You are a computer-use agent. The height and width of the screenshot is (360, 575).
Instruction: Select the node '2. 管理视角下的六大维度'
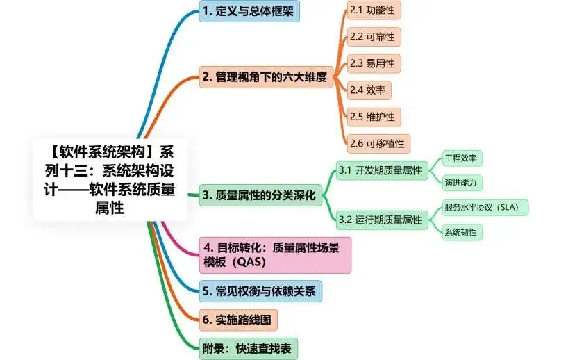coord(263,77)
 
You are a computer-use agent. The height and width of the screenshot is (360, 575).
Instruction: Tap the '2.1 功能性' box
coord(374,10)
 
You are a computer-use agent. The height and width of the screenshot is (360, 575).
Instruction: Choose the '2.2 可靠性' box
coord(374,37)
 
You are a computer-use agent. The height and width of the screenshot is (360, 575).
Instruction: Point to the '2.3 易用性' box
coord(374,63)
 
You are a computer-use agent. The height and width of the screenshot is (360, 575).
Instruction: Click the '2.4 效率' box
coord(369,90)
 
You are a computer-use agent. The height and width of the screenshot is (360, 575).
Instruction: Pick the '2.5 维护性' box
coord(374,116)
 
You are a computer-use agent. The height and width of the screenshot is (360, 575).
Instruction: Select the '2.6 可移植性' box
coord(378,143)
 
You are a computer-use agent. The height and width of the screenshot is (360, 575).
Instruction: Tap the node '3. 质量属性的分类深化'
coord(258,196)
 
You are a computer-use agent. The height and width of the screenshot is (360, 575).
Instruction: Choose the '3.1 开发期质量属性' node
coord(380,170)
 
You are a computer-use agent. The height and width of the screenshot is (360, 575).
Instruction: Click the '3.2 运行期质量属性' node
coord(380,220)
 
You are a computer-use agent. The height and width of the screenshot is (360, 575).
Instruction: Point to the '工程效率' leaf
coord(462,158)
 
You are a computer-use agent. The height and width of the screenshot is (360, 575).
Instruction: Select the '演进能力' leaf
coord(462,183)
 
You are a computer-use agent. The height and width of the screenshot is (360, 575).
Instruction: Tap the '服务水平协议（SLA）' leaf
coord(486,207)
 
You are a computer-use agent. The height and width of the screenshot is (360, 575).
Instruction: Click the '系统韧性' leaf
coord(462,232)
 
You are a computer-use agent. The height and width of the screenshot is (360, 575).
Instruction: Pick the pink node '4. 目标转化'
coord(276,254)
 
